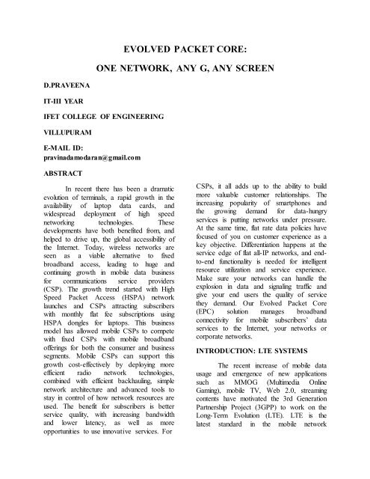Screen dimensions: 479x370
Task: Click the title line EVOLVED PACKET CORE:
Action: pyautogui.click(x=185, y=50)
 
